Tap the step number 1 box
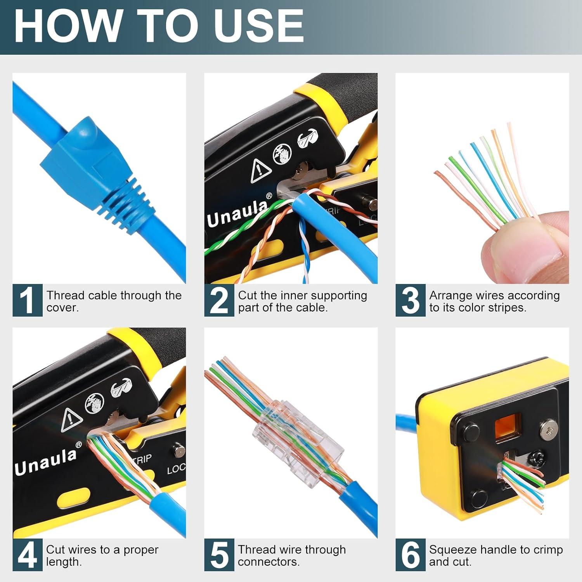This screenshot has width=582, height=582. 27,300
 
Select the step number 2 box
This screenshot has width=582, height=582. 219,300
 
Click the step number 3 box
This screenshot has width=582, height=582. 410,300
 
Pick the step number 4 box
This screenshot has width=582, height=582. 27,555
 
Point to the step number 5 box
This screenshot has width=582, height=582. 219,555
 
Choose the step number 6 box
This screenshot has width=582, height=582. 410,555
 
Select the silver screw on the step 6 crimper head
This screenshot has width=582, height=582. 548,428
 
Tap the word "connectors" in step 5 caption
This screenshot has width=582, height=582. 268,562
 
